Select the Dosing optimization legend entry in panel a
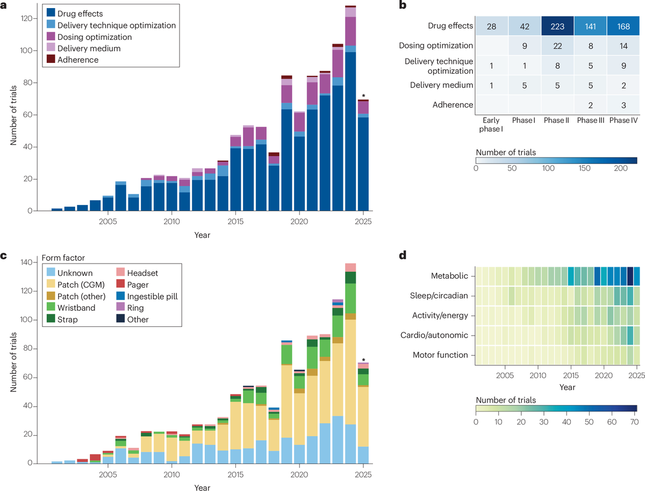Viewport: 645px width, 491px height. (x=95, y=37)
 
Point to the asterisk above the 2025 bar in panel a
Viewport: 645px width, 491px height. (x=364, y=96)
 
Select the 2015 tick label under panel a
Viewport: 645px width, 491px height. (x=235, y=222)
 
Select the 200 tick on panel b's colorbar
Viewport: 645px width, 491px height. (x=622, y=168)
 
